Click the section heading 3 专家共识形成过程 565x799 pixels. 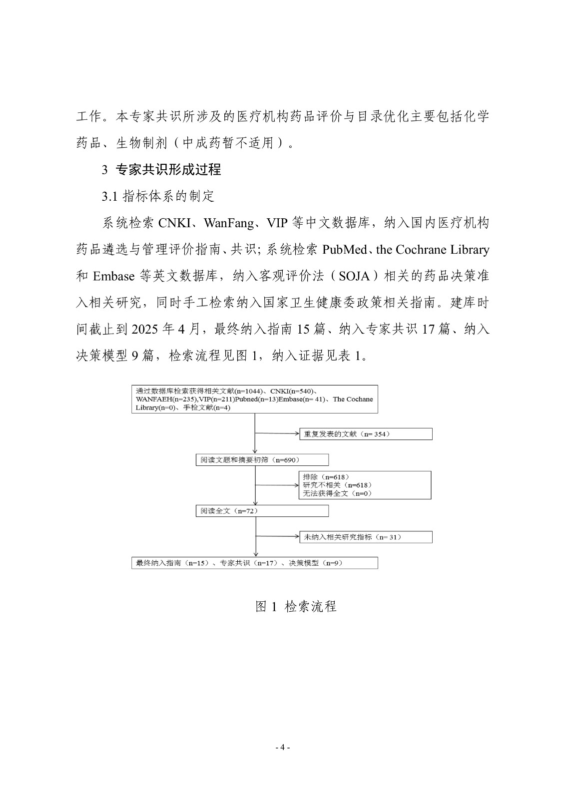[161, 170]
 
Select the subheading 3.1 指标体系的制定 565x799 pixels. [158, 196]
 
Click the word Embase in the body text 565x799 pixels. [113, 276]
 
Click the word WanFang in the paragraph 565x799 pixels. [229, 223]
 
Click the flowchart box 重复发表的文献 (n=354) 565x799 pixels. [366, 434]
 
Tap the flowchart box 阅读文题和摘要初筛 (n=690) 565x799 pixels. [262, 460]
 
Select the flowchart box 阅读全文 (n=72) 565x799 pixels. [262, 511]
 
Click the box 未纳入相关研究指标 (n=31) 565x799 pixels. [366, 537]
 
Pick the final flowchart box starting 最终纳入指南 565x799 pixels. [254, 563]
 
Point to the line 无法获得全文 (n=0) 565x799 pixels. [337, 493]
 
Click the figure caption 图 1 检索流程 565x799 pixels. [296, 606]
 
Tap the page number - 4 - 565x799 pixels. [283, 748]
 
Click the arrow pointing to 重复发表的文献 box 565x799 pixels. [277, 433]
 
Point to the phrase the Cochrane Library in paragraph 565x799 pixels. [433, 250]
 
